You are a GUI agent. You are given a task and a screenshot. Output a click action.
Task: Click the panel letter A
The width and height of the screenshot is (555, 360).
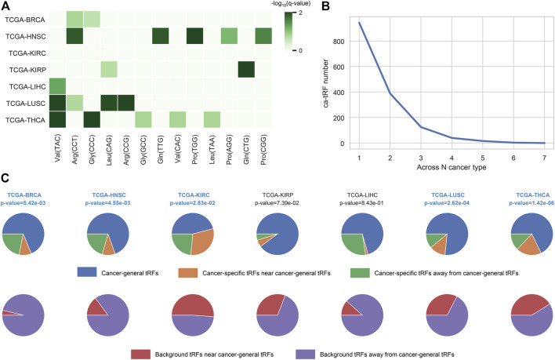6,6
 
